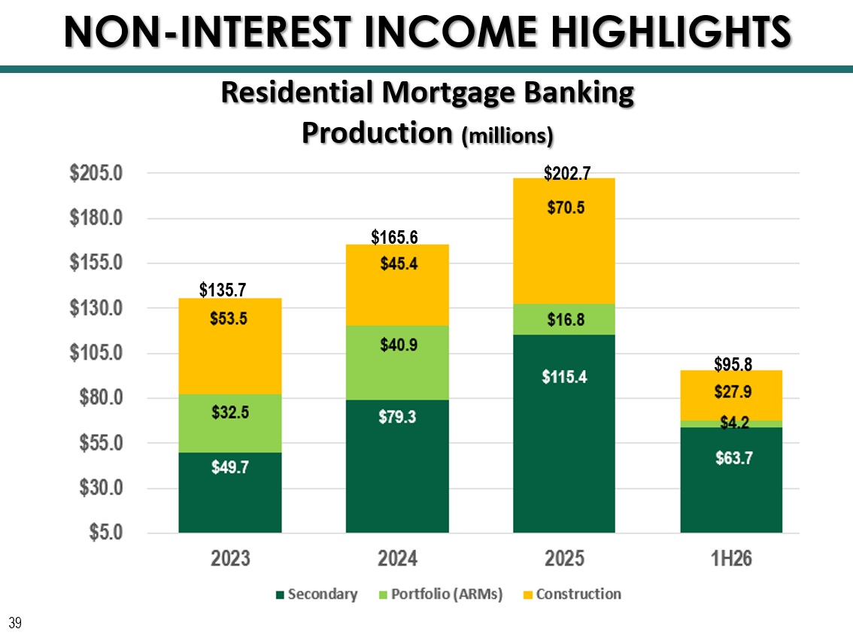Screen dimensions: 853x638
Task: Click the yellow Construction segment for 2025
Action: point(564,241)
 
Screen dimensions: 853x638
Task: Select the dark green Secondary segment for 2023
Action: point(230,492)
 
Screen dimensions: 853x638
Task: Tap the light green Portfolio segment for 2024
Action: point(397,363)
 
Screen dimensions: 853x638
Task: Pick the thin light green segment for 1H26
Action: point(731,424)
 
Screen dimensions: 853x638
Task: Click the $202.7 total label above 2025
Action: point(567,174)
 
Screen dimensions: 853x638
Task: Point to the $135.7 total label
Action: point(223,290)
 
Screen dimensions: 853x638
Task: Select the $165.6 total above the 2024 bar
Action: point(394,237)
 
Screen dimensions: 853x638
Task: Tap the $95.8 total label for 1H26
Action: point(733,364)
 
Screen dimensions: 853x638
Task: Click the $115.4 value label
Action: point(564,377)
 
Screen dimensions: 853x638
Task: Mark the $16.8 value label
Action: point(566,319)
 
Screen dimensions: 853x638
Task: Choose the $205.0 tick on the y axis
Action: point(96,173)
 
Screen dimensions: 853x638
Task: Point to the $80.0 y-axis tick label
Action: point(102,397)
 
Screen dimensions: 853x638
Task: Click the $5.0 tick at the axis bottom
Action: point(106,532)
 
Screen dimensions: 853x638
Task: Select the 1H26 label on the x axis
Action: point(731,558)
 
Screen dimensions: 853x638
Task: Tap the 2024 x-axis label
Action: point(397,558)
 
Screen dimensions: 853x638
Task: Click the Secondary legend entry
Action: point(317,594)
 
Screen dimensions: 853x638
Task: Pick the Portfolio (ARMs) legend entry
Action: point(441,594)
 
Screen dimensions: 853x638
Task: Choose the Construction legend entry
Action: point(572,594)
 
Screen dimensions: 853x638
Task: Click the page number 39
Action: point(15,623)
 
